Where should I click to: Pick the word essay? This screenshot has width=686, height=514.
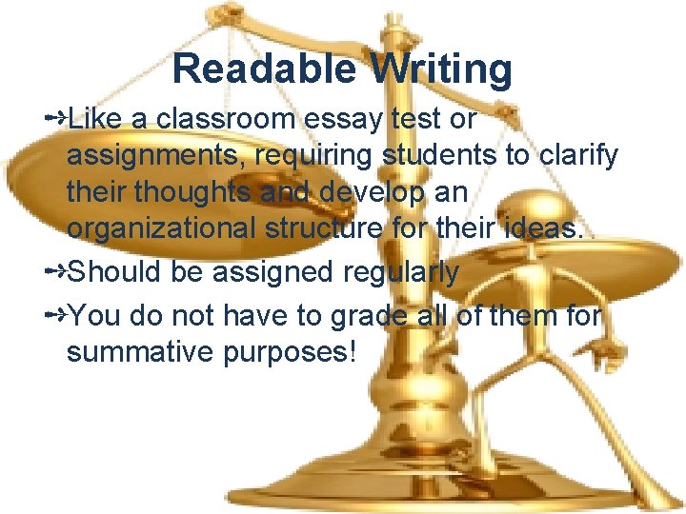[356, 121]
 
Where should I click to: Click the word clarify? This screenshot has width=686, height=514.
[580, 157]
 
